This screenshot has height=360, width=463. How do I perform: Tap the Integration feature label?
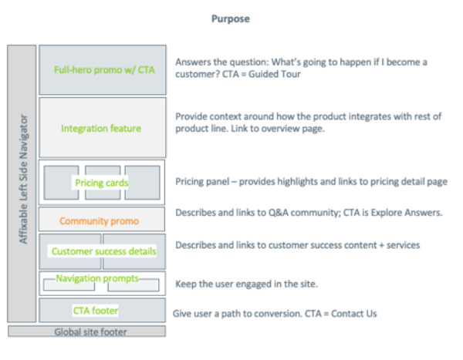101,128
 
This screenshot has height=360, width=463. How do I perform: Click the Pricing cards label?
102,183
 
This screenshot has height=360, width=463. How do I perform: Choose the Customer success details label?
103,251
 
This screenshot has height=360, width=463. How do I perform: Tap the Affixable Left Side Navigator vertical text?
22,181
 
